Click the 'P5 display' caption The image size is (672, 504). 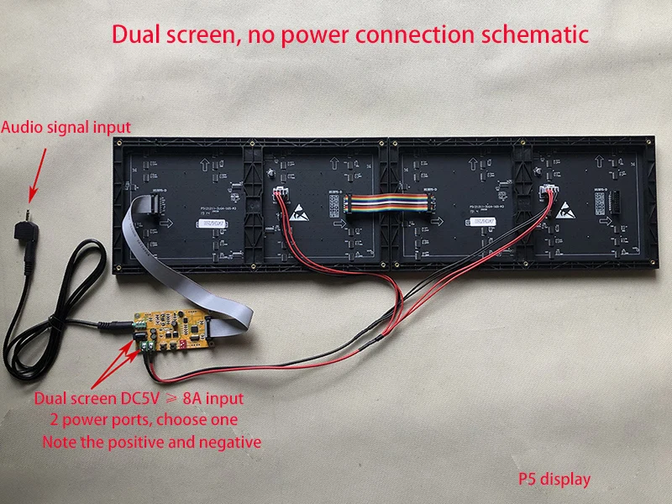click(554, 479)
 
